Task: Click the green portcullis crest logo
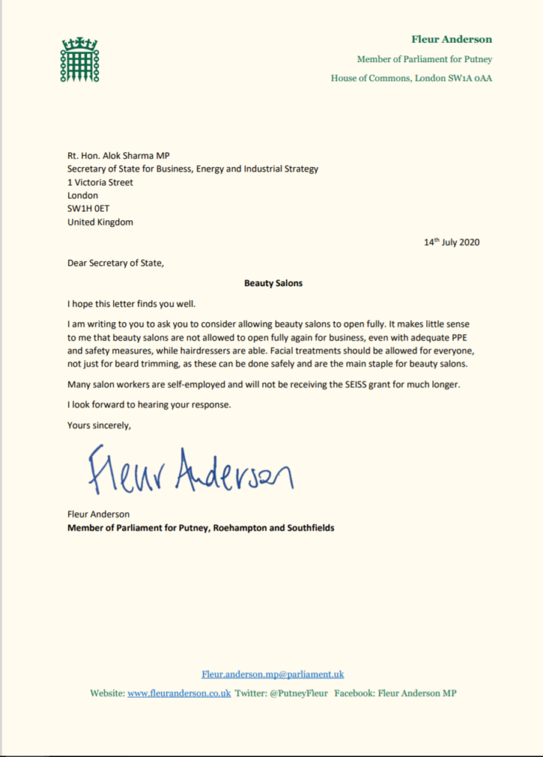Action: pyautogui.click(x=78, y=58)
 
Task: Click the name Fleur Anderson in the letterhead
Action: pyautogui.click(x=451, y=39)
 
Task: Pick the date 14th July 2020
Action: pyautogui.click(x=451, y=242)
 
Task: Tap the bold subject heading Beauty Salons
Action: pyautogui.click(x=273, y=282)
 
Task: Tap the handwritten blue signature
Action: pyautogui.click(x=189, y=470)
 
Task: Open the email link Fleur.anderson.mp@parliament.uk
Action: pyautogui.click(x=273, y=674)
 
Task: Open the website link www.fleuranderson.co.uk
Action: pyautogui.click(x=179, y=693)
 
